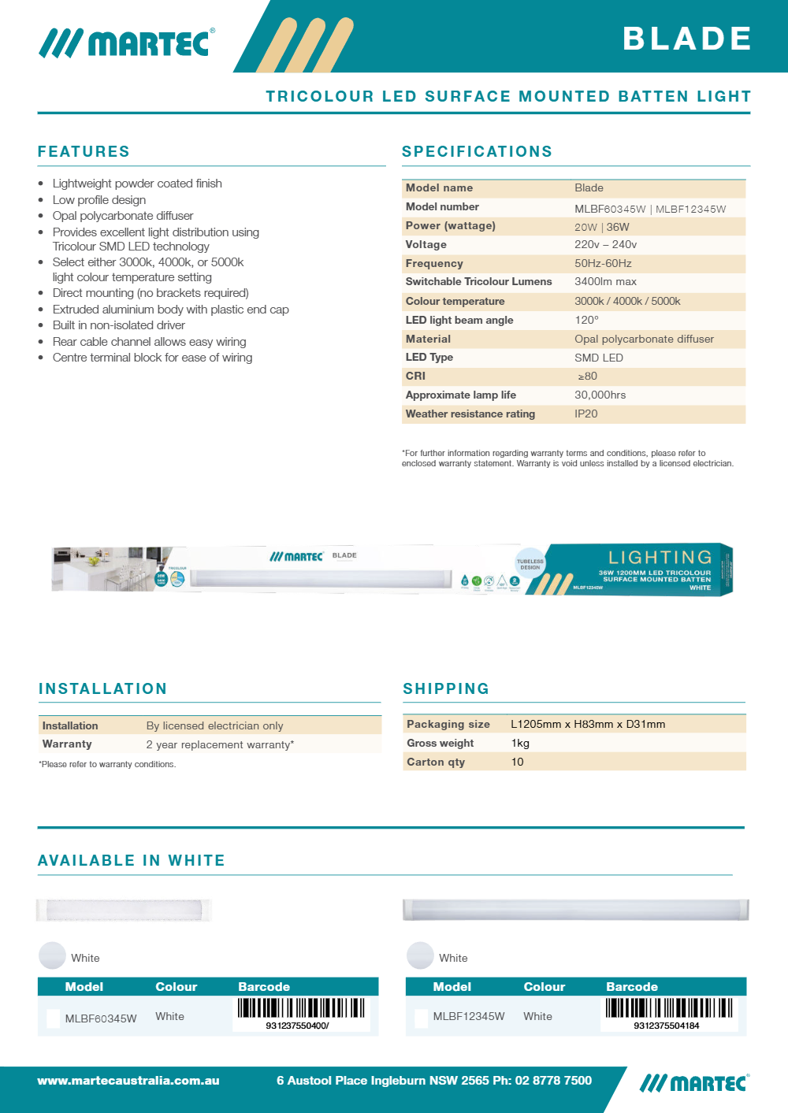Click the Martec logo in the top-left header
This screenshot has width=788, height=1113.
point(127,43)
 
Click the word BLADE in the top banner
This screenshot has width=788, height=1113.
point(687,39)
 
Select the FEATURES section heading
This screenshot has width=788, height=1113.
point(84,151)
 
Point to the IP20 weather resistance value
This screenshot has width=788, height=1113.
point(585,414)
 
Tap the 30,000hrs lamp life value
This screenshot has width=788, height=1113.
point(600,395)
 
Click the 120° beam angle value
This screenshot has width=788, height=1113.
point(586,320)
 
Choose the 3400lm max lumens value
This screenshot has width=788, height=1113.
point(605,281)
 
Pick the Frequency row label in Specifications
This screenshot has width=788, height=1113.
point(434,263)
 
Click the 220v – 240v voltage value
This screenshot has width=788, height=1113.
point(605,244)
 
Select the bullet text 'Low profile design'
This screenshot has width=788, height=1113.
point(99,200)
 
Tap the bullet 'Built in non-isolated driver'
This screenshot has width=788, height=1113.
point(119,325)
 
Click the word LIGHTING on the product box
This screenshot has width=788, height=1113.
point(660,557)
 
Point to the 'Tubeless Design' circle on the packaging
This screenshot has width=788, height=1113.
point(530,564)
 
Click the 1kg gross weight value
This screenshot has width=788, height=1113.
point(520,743)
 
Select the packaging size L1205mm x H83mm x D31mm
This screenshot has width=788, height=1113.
point(588,724)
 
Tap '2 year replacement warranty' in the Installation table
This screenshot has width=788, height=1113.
point(220,744)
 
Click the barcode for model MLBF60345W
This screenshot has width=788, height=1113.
point(301,1007)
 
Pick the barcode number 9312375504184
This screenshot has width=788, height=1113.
point(666,1026)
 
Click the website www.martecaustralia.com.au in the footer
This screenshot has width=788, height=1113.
point(128,1081)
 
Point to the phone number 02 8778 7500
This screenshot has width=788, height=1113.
point(553,1081)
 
